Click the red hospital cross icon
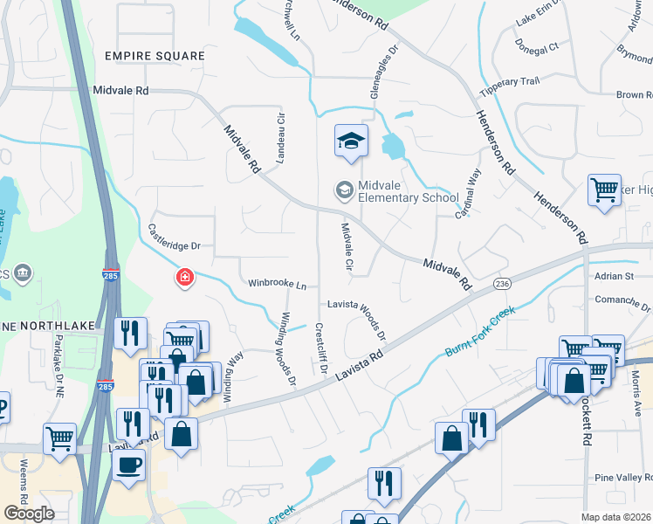coord(184,279)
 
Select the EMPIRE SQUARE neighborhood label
coord(155,56)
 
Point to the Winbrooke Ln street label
coord(278,284)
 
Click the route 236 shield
coord(501,284)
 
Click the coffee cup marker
coord(129,463)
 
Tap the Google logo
coord(29,513)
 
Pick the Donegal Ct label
coord(537,45)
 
